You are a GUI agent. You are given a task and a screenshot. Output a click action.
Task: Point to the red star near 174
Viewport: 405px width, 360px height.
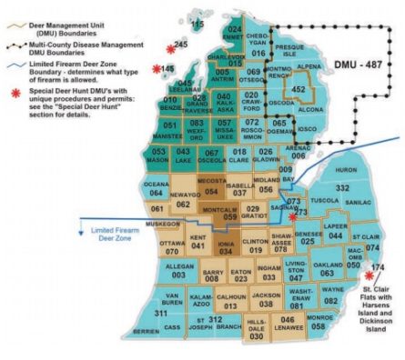click(369, 275)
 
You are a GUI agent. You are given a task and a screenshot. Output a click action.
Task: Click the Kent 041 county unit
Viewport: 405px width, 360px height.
click(197, 242)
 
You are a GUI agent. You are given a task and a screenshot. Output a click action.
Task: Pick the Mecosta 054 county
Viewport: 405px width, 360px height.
click(211, 188)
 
